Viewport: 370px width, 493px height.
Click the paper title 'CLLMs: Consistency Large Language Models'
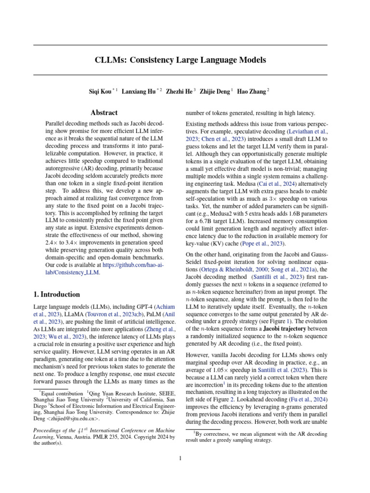(180, 60)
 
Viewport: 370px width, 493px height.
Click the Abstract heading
(104, 113)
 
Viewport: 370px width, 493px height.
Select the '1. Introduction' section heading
(56, 294)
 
